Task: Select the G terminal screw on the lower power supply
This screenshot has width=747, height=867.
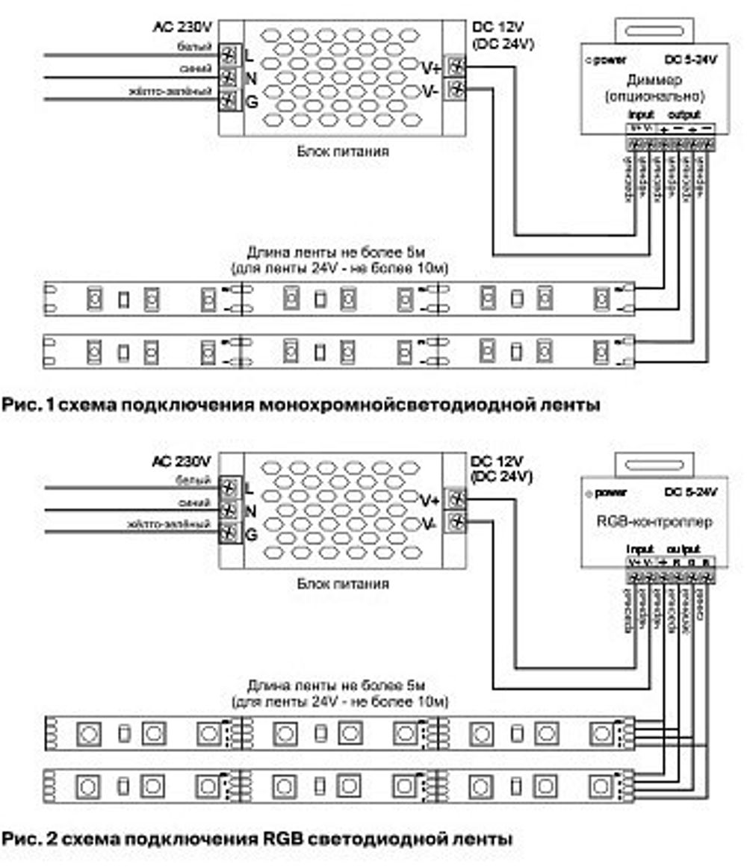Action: (x=229, y=534)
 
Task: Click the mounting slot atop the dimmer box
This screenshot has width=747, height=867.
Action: (x=654, y=29)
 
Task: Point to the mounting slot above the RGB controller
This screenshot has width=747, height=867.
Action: (x=654, y=464)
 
